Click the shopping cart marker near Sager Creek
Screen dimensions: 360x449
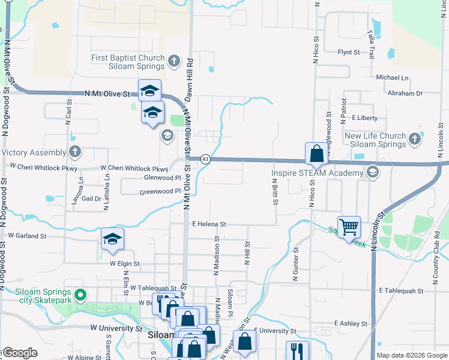tap(349, 227)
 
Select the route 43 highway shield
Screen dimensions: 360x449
tap(205, 158)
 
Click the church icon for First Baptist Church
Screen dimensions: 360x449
tap(173, 60)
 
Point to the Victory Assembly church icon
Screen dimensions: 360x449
tap(74, 152)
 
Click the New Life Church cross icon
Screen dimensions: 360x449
tap(414, 140)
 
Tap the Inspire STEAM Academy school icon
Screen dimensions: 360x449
tap(372, 173)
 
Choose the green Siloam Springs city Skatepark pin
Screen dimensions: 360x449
tap(85, 295)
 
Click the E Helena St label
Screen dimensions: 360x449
tap(209, 224)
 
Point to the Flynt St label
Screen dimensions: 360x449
tap(348, 53)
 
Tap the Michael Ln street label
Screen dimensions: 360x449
tap(391, 78)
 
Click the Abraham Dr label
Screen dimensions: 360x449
tap(405, 94)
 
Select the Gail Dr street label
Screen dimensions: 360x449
tap(92, 199)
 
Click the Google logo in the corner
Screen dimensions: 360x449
tap(19, 353)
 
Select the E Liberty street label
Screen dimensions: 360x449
tap(365, 118)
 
